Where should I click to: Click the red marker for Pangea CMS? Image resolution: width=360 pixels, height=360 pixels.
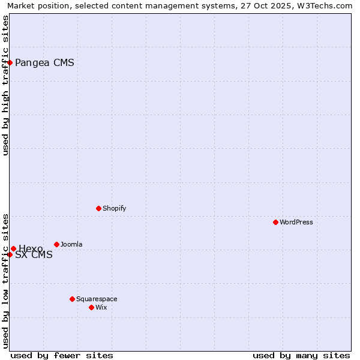tap(10, 62)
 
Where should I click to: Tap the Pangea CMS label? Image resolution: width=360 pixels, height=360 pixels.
tap(44, 62)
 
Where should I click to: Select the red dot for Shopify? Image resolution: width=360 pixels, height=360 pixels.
tap(98, 208)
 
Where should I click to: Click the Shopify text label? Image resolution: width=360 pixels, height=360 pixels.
tap(114, 208)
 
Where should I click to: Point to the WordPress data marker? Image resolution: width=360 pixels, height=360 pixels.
tap(275, 222)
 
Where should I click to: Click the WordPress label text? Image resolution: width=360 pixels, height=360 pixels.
tap(296, 222)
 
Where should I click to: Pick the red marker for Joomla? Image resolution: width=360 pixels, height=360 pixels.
tap(56, 244)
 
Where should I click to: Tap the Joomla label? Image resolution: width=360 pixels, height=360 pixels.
tap(71, 244)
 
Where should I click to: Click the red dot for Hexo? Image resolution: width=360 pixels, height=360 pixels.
tap(13, 248)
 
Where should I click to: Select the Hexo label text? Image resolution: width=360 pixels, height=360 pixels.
tap(31, 249)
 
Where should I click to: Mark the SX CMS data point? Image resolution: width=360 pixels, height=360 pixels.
tap(10, 254)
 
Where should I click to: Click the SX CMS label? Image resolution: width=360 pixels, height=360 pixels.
tap(34, 255)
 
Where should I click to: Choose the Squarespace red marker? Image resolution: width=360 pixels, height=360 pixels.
tap(72, 299)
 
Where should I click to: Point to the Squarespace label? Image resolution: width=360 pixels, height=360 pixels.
tap(97, 299)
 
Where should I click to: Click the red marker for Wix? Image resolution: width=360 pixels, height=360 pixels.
tap(91, 307)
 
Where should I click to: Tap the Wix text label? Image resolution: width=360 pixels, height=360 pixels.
tap(101, 307)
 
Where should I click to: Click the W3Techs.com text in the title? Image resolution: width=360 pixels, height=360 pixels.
tap(323, 5)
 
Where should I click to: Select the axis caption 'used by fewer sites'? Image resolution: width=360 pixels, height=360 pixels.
tap(62, 355)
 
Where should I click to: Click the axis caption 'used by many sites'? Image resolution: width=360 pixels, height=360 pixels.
tap(301, 355)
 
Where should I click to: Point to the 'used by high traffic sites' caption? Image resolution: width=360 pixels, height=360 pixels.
tap(5, 85)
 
